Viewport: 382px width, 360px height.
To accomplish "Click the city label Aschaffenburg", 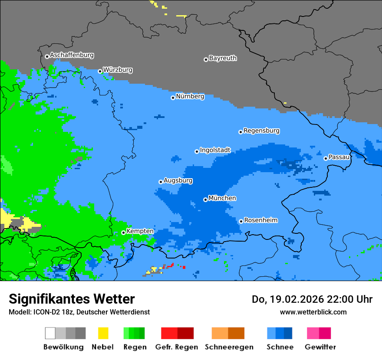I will point(72,56).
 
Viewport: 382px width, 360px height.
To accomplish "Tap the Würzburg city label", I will point(118,70).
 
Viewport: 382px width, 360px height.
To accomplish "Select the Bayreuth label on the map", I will point(223,58).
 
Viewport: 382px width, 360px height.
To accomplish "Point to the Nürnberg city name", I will point(190,97).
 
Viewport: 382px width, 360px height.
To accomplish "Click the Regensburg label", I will point(261,131).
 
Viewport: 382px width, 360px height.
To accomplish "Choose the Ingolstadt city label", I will point(215,150).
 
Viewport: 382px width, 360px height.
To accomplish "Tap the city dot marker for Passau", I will point(326,158).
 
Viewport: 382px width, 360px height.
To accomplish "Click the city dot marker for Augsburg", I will point(161,182).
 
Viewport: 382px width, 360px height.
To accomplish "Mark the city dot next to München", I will point(205,200).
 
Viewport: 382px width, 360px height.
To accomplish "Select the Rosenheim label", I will point(260,220).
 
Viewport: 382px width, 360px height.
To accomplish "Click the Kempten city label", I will point(140,231).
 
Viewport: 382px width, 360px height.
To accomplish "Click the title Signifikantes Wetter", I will point(72,299).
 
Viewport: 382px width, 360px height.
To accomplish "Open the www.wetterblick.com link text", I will point(313,312).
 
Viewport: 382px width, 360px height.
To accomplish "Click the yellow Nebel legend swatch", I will point(103,333).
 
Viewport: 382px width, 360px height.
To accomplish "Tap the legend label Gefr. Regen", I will point(177,347).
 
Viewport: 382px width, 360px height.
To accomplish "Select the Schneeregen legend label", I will point(229,347).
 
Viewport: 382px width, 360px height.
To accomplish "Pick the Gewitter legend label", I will point(320,347).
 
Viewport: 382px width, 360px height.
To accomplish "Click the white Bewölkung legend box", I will point(50,333).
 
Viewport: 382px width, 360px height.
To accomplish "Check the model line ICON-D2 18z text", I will point(79,312).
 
